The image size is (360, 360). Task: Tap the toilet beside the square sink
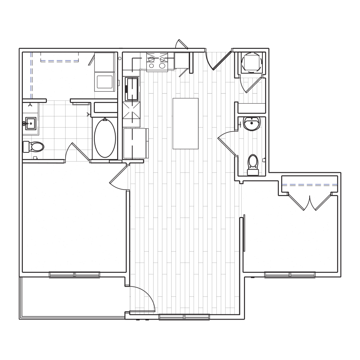pyautogui.click(x=34, y=147)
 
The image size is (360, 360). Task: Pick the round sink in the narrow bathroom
pyautogui.click(x=252, y=124)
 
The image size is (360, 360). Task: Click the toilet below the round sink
pyautogui.click(x=253, y=164)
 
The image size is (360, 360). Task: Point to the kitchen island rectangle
pyautogui.click(x=186, y=123)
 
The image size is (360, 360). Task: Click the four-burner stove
pyautogui.click(x=156, y=62)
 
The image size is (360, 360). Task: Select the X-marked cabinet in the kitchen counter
pyautogui.click(x=132, y=111)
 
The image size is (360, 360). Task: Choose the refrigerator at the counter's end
pyautogui.click(x=135, y=143)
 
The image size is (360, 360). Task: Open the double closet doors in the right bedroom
pyautogui.click(x=310, y=202)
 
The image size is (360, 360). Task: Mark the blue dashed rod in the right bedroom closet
pyautogui.click(x=310, y=184)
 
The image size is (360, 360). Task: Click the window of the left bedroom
pyautogui.click(x=74, y=274)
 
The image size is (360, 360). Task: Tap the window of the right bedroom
pyautogui.click(x=290, y=274)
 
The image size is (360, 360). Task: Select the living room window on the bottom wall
pyautogui.click(x=184, y=317)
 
